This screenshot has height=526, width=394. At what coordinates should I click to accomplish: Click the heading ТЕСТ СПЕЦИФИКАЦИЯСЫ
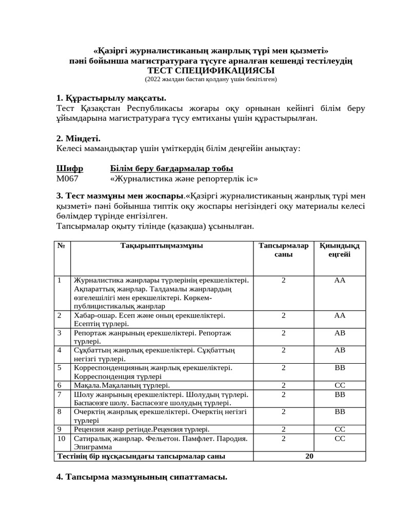211,70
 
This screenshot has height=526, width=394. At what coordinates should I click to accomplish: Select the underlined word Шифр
70,168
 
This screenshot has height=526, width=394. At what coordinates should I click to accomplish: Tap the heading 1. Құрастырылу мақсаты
111,98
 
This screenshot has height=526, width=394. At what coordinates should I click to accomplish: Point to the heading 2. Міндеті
78,138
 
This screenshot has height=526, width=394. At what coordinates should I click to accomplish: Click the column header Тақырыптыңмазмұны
162,246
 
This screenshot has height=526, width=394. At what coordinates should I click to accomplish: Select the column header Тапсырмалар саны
284,250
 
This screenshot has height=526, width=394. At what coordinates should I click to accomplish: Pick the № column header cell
62,246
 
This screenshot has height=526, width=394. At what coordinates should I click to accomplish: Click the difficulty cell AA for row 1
340,280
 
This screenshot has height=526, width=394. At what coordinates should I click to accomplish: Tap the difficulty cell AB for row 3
340,333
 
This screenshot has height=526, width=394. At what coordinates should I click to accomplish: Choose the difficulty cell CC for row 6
340,385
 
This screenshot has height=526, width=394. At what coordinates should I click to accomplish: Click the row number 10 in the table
62,438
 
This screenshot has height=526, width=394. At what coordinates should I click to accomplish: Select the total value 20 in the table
309,456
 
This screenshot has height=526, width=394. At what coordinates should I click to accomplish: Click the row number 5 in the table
60,368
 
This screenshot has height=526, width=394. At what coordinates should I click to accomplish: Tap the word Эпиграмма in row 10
93,447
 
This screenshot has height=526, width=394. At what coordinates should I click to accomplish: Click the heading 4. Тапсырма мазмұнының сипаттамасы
142,477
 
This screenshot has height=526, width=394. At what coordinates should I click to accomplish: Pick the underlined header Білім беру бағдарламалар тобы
171,168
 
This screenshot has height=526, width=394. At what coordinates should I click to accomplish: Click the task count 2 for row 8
284,411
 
